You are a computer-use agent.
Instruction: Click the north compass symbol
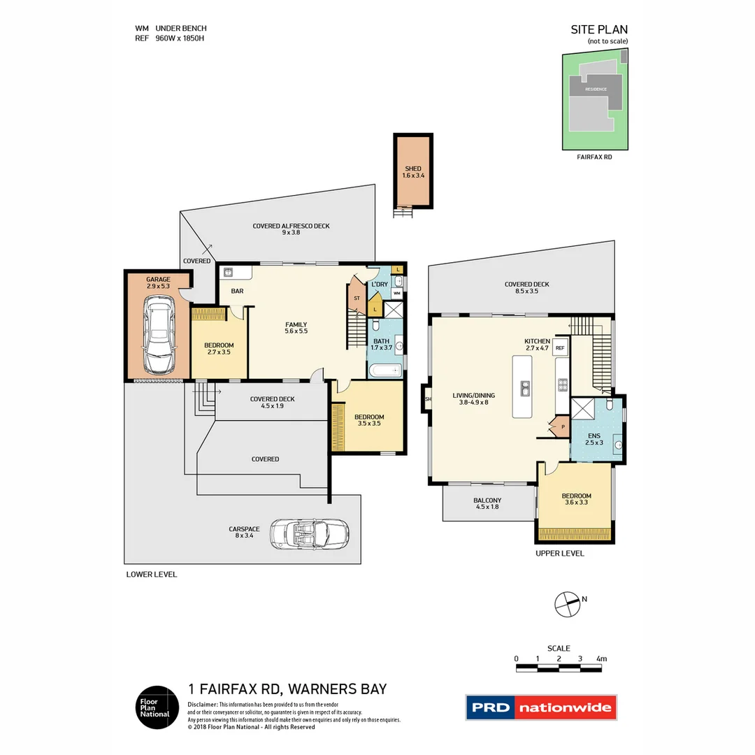pyautogui.click(x=566, y=604)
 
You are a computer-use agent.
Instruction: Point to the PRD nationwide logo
pyautogui.click(x=541, y=707)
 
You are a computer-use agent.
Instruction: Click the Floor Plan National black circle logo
pyautogui.click(x=156, y=707)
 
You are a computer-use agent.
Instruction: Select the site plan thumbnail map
pyautogui.click(x=595, y=101)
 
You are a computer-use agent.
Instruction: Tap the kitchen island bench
pyautogui.click(x=522, y=387)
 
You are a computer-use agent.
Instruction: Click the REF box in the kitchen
pyautogui.click(x=560, y=347)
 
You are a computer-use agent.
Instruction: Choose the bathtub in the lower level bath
pyautogui.click(x=385, y=371)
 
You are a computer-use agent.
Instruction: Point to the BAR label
pyautogui.click(x=237, y=291)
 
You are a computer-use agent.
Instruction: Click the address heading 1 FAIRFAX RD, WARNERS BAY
pyautogui.click(x=287, y=689)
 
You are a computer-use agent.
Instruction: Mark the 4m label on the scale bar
pyautogui.click(x=601, y=659)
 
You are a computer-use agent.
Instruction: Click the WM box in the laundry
pyautogui.click(x=396, y=294)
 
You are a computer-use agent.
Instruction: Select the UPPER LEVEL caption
pyautogui.click(x=559, y=554)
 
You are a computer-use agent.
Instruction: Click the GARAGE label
pyautogui.click(x=157, y=280)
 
